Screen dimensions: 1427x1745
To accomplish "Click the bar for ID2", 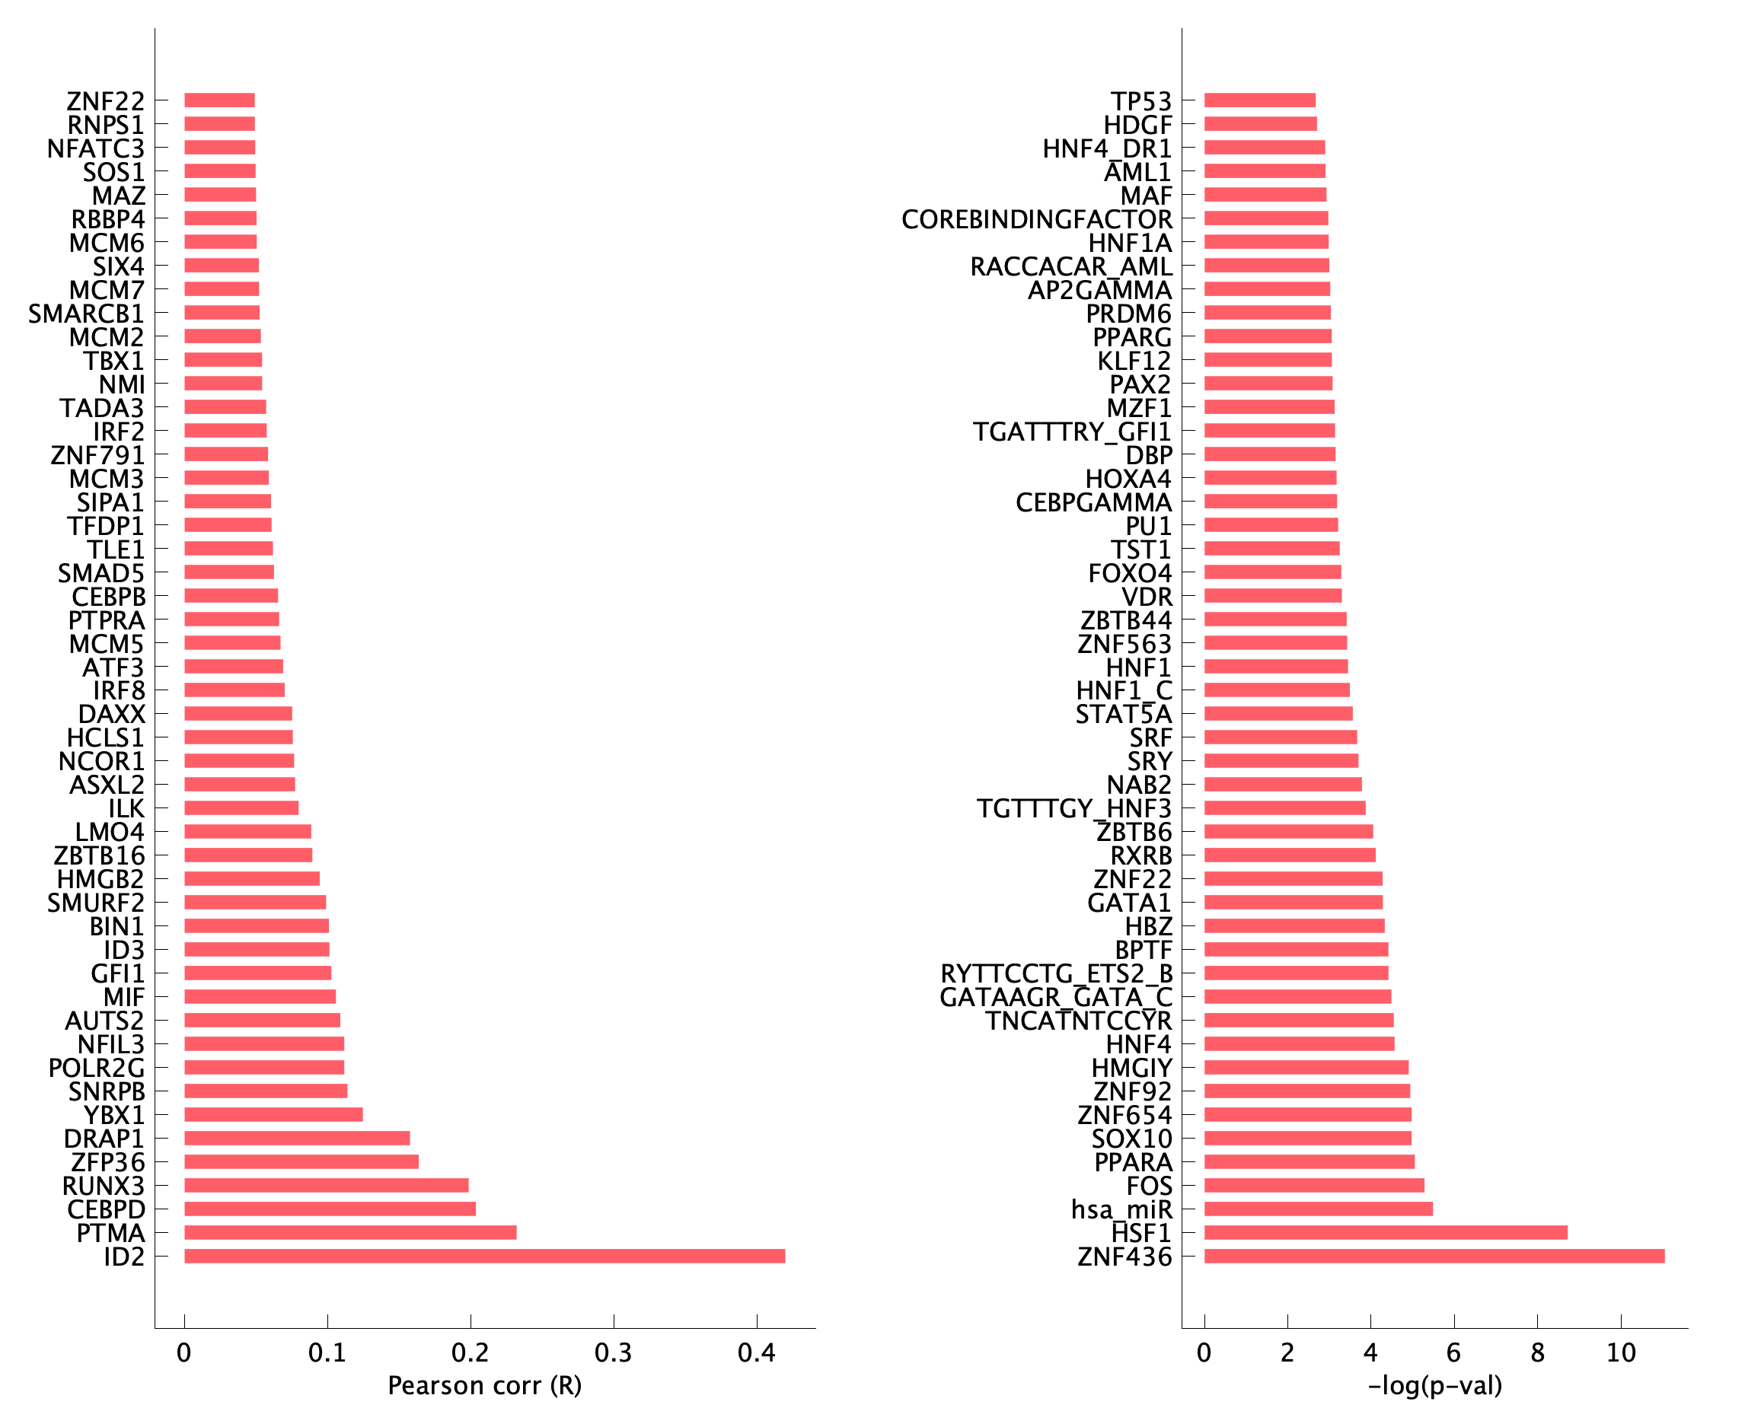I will tap(484, 1256).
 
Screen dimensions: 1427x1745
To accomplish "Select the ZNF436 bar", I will tap(1434, 1256).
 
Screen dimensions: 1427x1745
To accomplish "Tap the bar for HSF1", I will tap(1385, 1232).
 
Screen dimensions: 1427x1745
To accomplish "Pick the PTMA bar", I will tap(350, 1232).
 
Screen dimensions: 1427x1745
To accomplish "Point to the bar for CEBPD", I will tap(330, 1209).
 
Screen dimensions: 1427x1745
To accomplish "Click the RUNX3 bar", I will tap(327, 1185).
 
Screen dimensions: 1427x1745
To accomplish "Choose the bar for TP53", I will tap(1259, 100).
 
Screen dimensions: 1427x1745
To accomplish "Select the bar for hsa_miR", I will tap(1317, 1209).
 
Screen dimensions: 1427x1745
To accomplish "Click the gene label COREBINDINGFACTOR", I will tap(1036, 219).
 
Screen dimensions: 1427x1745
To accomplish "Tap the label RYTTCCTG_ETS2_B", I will tap(1056, 974).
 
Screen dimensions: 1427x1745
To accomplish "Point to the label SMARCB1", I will tap(86, 314).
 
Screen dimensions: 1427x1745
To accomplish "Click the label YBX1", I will tap(114, 1116).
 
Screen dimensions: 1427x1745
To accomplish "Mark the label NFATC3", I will tap(95, 148).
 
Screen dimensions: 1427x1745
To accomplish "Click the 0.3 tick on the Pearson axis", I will tap(614, 1352).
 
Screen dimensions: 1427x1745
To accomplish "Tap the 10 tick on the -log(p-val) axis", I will tap(1621, 1352).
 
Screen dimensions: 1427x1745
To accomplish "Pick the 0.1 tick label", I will tap(327, 1352).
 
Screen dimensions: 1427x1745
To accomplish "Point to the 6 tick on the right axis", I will tap(1454, 1352).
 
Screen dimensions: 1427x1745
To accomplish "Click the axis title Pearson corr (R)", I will tap(484, 1386).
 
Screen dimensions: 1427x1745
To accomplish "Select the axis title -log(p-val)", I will tap(1434, 1386).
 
